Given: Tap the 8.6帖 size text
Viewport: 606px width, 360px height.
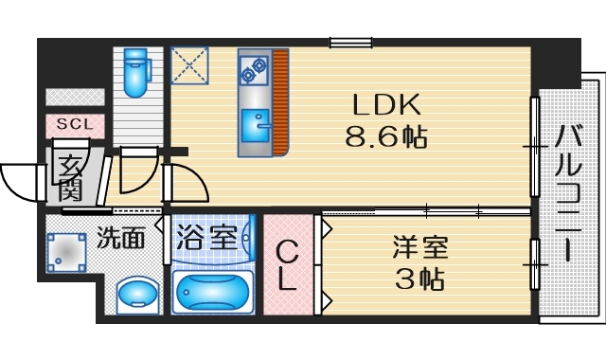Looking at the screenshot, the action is click(x=386, y=136).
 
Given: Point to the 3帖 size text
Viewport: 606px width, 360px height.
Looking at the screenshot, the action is click(x=420, y=279).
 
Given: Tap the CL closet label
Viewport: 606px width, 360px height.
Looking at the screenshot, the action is click(x=288, y=266).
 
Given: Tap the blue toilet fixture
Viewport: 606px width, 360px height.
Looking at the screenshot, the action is click(x=136, y=70).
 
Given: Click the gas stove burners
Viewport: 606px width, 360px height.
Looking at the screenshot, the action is click(x=253, y=68).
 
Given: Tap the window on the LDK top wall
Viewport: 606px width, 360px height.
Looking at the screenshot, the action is click(x=349, y=41).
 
